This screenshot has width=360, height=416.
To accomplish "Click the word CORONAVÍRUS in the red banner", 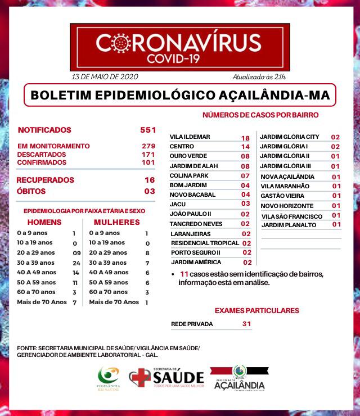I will (x=178, y=43).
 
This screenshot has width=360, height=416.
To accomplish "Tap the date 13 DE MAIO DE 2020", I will (x=105, y=76).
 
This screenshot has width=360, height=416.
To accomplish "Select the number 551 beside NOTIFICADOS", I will (x=148, y=130).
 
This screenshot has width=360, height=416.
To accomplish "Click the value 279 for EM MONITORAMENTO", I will (x=148, y=146).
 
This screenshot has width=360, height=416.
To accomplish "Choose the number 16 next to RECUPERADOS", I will (x=149, y=180).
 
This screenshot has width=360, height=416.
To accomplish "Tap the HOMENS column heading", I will (x=44, y=222).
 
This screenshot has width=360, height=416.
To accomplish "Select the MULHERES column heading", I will (x=116, y=222).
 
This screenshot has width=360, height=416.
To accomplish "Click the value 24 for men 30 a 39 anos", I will (x=77, y=263).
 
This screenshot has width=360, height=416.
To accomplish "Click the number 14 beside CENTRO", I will (x=245, y=147).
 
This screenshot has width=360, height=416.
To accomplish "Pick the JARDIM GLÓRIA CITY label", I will (x=289, y=137).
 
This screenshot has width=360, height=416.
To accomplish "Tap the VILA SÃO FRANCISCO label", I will (x=291, y=216).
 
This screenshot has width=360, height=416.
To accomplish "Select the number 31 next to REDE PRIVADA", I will (x=246, y=324).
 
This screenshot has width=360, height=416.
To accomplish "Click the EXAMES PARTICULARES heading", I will (x=256, y=310).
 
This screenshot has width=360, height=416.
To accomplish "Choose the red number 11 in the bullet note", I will (x=183, y=274).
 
